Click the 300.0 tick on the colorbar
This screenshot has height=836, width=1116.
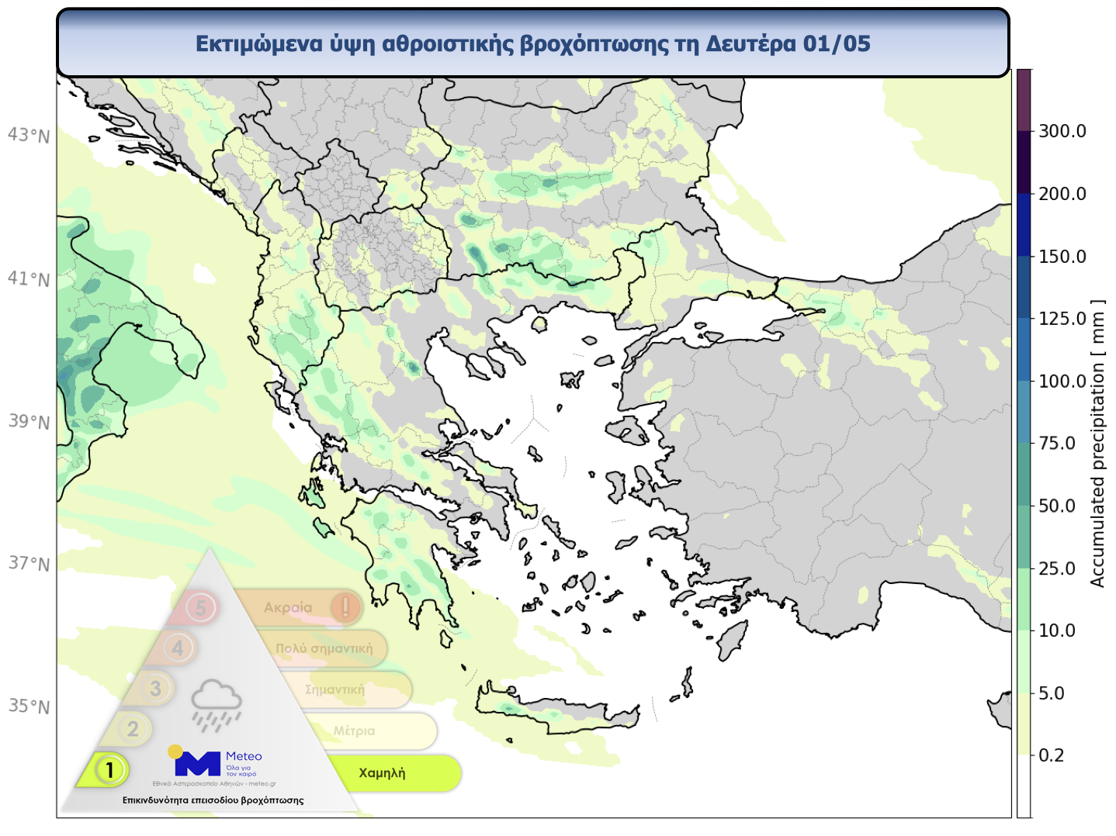[x=1062, y=131]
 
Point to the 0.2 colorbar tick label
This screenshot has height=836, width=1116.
[x=1051, y=755]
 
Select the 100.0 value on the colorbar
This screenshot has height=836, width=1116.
[x=1062, y=381]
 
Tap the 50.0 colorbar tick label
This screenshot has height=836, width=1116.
[x=1056, y=506]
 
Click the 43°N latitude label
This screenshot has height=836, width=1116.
[x=29, y=136]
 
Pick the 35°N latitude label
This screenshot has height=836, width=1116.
[x=29, y=706]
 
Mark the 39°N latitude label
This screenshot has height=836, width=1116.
[x=29, y=422]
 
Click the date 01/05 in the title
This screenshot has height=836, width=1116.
[x=837, y=43]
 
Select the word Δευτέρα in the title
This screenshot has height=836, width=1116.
[x=750, y=43]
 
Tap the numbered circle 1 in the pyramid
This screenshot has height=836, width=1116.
[x=110, y=770]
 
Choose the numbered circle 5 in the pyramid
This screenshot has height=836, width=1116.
[x=201, y=607]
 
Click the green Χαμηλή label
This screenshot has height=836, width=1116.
[x=382, y=773]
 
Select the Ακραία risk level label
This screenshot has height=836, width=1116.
[x=288, y=607]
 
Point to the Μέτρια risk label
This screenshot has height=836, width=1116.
[x=354, y=731]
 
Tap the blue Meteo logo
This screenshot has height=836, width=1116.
[x=199, y=763]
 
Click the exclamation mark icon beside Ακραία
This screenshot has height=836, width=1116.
[x=345, y=606]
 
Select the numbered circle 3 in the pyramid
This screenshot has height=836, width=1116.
[x=156, y=688]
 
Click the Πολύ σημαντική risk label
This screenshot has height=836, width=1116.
[x=324, y=648]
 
